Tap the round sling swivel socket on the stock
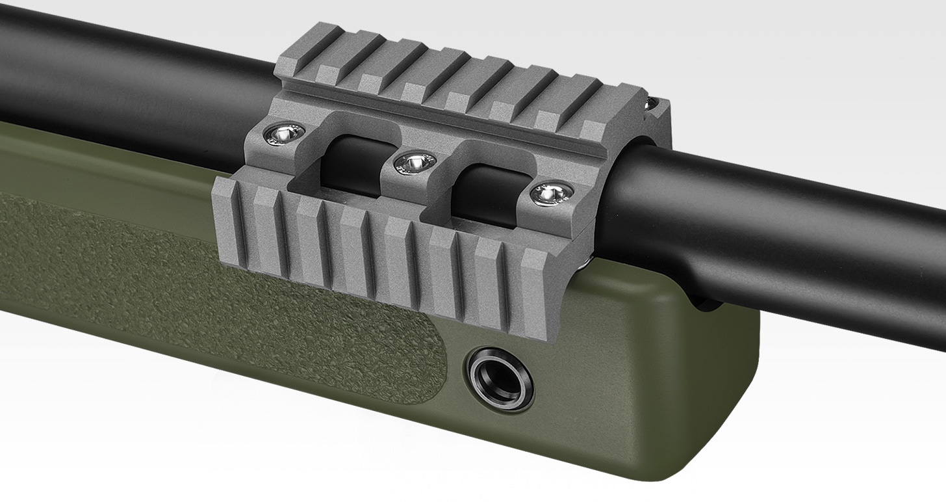(500, 378)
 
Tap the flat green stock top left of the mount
(97, 163)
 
